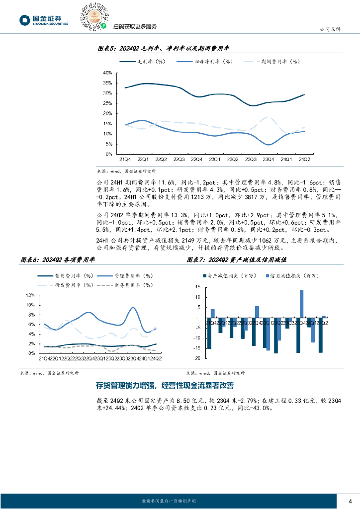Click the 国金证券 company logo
point(44,20)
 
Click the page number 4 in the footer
point(350,500)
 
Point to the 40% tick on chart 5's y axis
point(107,73)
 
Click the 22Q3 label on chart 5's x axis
point(179,160)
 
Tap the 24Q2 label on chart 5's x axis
point(304,160)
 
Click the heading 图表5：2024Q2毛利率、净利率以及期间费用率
point(163,48)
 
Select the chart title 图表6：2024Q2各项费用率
point(57,259)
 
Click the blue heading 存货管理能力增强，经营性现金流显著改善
point(165,386)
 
